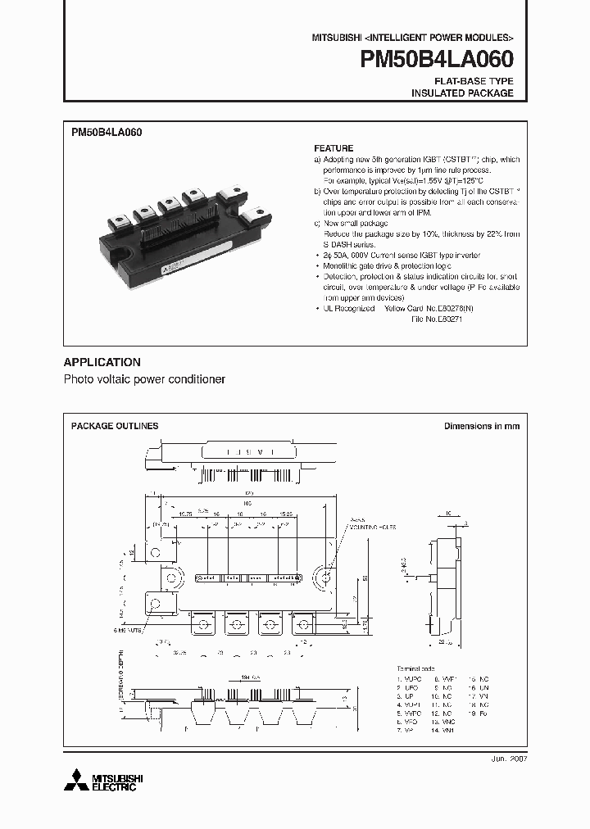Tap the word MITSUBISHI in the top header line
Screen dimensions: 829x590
(x=336, y=39)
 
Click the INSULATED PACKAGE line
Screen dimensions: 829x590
(x=461, y=93)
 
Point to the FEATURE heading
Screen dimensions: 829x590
(x=334, y=148)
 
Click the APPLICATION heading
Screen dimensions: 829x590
(x=102, y=362)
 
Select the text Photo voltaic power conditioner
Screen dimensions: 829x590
(x=144, y=380)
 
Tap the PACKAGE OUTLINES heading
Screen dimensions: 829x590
(x=115, y=426)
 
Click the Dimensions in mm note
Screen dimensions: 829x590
(x=481, y=426)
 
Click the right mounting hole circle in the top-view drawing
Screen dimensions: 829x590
(x=327, y=578)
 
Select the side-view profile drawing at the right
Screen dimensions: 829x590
(x=443, y=573)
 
